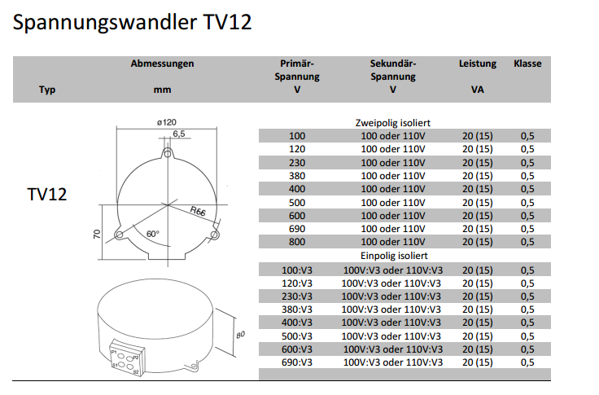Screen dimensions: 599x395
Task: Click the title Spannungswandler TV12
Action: coord(132,23)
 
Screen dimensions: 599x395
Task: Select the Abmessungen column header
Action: coord(162,64)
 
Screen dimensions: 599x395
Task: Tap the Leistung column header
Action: coord(478,64)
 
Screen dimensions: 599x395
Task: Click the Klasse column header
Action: coord(527,64)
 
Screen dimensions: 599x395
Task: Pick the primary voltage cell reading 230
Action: coord(297,163)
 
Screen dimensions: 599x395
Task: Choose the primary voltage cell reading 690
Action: coord(297,229)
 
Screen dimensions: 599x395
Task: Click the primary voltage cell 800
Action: coord(297,242)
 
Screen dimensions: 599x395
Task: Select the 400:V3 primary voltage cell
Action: coord(297,323)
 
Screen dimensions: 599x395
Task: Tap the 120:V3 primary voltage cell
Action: coord(297,283)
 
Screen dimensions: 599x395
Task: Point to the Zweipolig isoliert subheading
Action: coord(393,123)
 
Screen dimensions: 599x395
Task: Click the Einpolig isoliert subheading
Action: coord(394,256)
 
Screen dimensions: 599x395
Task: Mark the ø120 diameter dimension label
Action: coord(167,122)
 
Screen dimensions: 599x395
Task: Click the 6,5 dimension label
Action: coord(179,134)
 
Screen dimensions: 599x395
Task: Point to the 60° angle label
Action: coord(153,234)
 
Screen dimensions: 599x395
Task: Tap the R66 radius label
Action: coord(198,211)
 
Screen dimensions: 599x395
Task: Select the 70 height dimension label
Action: coord(97,234)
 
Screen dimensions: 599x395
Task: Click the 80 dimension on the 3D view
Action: coord(240,335)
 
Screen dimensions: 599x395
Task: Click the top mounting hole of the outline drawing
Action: coord(168,153)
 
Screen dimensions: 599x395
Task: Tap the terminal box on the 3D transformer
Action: coord(128,358)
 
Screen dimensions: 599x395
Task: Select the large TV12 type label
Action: coord(47,195)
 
